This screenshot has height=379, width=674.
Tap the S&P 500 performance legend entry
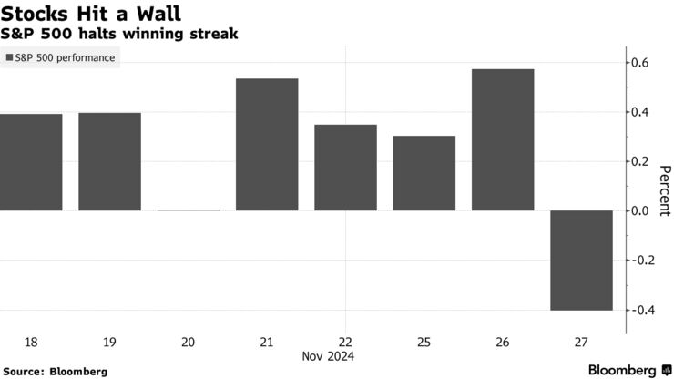[61, 58]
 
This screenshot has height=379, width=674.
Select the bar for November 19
[109, 162]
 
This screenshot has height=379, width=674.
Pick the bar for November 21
[267, 145]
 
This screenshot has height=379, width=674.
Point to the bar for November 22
[345, 168]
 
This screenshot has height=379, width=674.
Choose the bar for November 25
[424, 173]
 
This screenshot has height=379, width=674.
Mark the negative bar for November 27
[581, 261]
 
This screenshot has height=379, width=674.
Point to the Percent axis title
[664, 190]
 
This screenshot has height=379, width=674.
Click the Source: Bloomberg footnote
[56, 372]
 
